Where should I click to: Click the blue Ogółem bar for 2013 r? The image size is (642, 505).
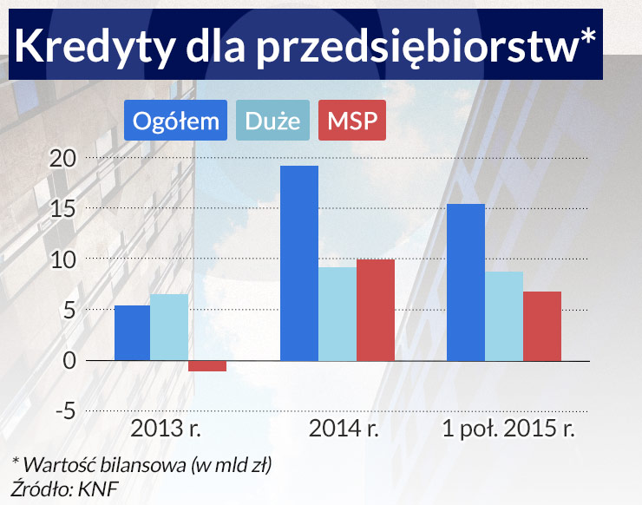click(x=132, y=332)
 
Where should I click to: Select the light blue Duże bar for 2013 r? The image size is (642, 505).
click(x=169, y=327)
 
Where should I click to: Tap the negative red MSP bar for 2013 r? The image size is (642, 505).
click(x=207, y=365)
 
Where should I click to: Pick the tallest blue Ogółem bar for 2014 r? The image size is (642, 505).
click(x=299, y=263)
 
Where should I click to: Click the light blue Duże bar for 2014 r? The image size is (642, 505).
click(x=337, y=313)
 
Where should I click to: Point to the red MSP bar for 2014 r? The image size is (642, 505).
click(x=376, y=310)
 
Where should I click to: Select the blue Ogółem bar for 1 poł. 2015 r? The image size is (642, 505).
click(x=466, y=282)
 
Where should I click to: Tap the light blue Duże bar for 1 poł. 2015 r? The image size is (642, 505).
click(x=504, y=316)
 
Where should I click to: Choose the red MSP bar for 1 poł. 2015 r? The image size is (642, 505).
click(x=542, y=325)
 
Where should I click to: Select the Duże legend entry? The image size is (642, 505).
click(x=273, y=121)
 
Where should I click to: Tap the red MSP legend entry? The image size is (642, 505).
click(x=352, y=121)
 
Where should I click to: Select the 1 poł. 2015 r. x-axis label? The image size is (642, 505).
click(x=509, y=429)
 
